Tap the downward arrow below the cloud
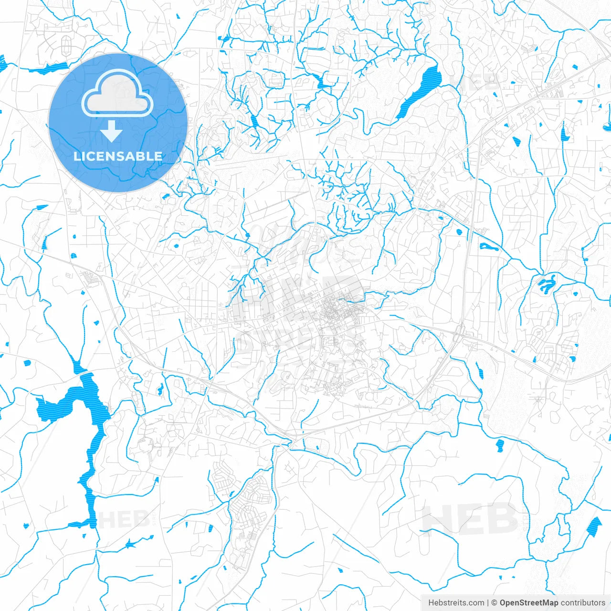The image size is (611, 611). (x=112, y=132)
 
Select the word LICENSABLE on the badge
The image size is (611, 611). (x=118, y=156)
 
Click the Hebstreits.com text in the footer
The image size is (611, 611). (x=456, y=603)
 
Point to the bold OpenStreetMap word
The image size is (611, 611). (x=529, y=603)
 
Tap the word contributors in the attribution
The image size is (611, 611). (x=583, y=603)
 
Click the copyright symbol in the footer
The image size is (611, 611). (x=495, y=603)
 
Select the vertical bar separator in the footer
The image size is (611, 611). (x=488, y=603)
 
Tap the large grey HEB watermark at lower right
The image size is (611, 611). (x=470, y=519)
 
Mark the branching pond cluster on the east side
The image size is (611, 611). (x=546, y=284)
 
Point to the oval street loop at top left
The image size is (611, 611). (x=65, y=45)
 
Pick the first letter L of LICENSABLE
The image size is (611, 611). (x=77, y=156)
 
